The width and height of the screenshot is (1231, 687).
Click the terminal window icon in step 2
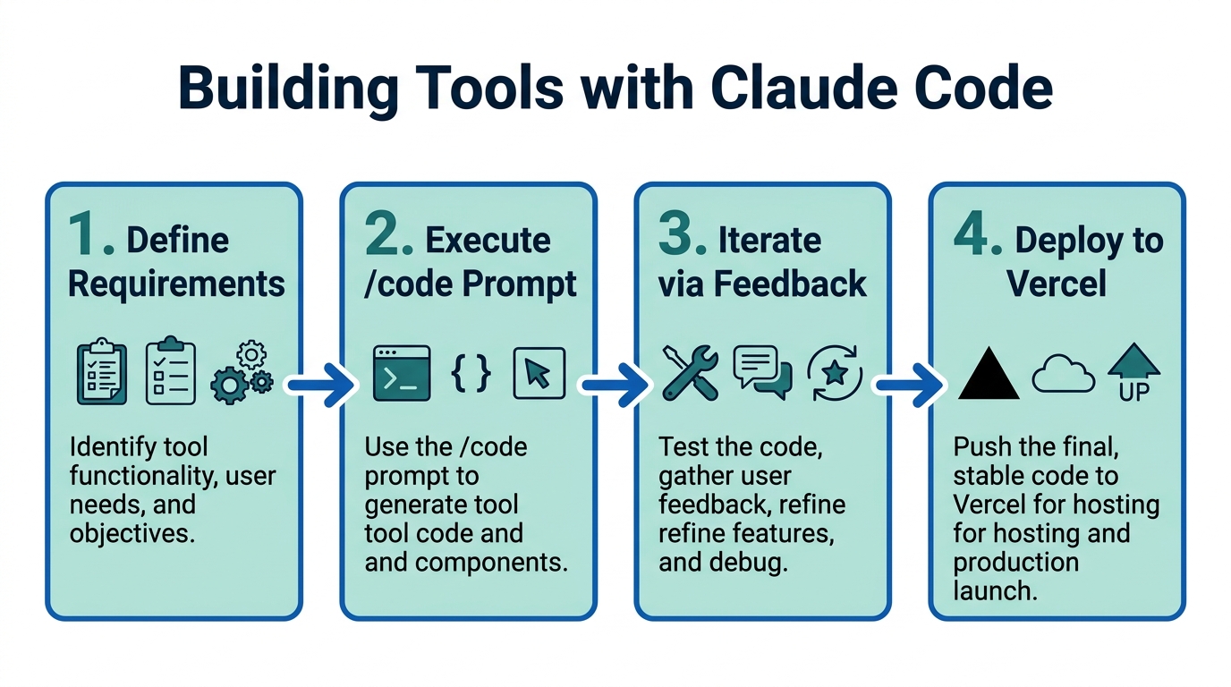(402, 373)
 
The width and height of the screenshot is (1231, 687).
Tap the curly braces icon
(471, 372)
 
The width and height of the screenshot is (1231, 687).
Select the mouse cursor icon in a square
(539, 373)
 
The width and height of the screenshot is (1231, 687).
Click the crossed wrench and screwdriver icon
(691, 373)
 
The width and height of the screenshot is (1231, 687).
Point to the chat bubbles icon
(762, 372)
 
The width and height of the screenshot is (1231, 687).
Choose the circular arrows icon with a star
(834, 372)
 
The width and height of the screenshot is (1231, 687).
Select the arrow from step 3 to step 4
(910, 386)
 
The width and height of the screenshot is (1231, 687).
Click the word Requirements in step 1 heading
(176, 284)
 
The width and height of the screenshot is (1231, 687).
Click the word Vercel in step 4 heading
(1057, 284)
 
